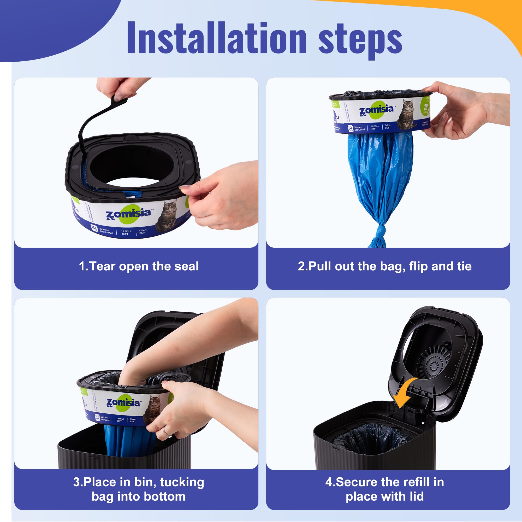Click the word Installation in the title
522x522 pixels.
click(x=216, y=38)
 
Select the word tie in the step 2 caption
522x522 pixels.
click(x=464, y=266)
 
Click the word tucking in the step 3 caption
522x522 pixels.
click(x=182, y=482)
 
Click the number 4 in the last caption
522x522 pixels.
click(x=329, y=482)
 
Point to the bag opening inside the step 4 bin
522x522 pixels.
click(x=370, y=439)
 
